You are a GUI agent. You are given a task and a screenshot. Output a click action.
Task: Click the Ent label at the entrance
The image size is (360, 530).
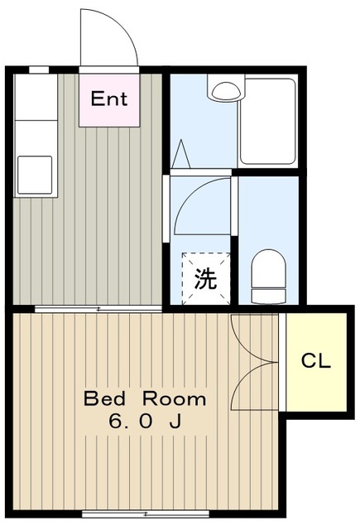(x=109, y=99)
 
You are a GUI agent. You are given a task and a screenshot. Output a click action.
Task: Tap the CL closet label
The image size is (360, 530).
(x=315, y=361)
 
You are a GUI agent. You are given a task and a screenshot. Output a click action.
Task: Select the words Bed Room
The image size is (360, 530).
(x=145, y=398)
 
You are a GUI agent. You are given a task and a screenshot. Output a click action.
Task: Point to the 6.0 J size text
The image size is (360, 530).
(x=145, y=422)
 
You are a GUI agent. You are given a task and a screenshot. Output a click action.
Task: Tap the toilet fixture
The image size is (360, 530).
(x=268, y=276)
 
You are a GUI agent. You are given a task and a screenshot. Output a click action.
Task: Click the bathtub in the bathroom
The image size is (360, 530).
(x=267, y=121)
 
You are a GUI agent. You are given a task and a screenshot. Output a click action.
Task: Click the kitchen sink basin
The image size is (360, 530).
(x=35, y=175)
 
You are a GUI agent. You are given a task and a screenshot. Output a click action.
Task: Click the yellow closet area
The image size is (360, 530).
(x=316, y=362)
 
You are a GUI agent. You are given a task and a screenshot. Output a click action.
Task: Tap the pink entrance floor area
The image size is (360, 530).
(x=109, y=100)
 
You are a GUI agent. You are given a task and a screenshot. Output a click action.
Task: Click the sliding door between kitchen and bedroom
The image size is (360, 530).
(x=98, y=309)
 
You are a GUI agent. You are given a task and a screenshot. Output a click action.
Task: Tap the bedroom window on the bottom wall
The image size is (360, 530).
(x=146, y=514)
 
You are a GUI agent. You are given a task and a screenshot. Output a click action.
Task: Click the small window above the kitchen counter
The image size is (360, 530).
(x=39, y=70)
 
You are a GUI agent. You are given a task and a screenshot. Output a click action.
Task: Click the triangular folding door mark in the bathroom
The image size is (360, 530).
(x=181, y=154)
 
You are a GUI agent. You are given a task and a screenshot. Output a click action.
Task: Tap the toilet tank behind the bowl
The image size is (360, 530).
(x=268, y=296)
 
